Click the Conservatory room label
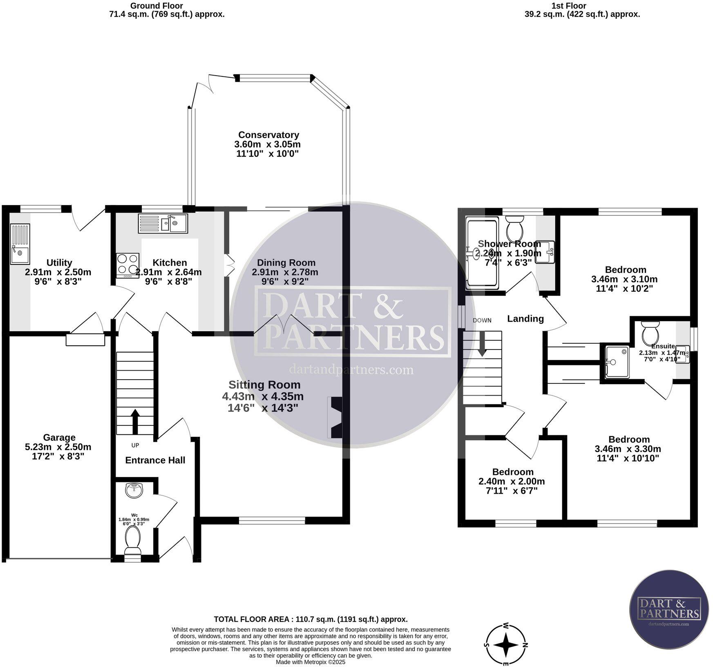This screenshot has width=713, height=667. [268, 135]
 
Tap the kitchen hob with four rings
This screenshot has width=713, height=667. [127, 264]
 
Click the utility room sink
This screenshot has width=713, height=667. [20, 244]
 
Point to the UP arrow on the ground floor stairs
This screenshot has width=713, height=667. [135, 421]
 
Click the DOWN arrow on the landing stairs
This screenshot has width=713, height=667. [482, 344]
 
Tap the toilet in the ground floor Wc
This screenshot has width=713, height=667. [132, 539]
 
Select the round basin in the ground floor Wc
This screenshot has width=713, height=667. [134, 490]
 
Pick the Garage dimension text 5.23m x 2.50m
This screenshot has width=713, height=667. [58, 447]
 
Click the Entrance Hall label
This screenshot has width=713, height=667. [155, 460]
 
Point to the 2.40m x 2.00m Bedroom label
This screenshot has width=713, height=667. [512, 481]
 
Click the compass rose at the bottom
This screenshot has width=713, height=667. [506, 645]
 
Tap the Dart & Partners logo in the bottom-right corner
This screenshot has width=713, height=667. [669, 609]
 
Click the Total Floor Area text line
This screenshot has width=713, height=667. [311, 619]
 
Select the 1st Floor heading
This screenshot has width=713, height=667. [568, 6]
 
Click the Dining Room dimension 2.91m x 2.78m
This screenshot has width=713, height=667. [285, 272]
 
